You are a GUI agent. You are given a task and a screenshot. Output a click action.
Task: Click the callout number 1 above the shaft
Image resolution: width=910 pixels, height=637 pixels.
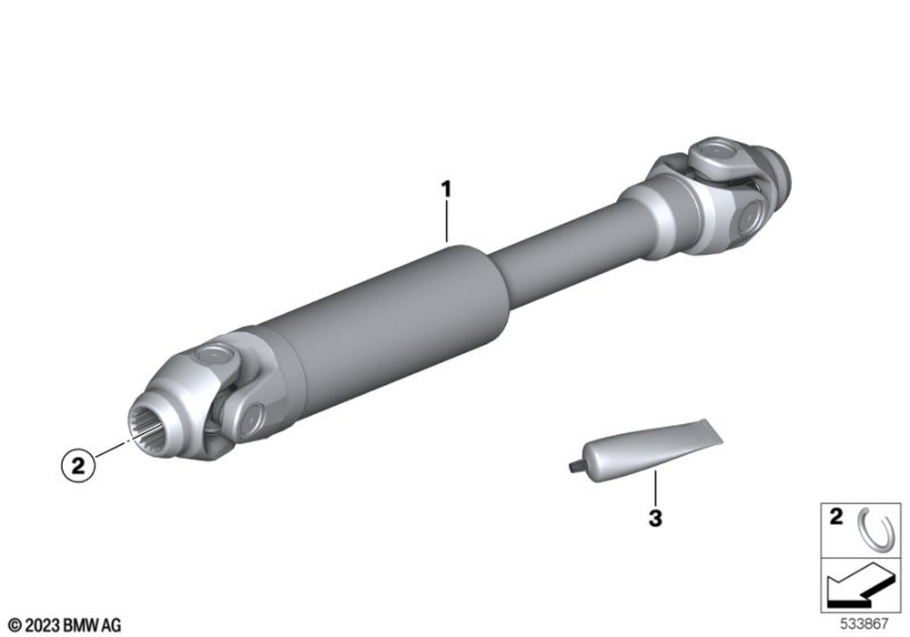point(446,189)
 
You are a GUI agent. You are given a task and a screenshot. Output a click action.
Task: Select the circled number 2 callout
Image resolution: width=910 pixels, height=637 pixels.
point(77,465)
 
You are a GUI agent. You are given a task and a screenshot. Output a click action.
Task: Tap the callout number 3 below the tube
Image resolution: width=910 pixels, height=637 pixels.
point(655,518)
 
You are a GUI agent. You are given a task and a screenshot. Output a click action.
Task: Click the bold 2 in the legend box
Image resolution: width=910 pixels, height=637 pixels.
point(835,516)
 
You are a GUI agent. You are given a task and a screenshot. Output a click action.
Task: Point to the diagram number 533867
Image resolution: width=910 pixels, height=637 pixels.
point(864,623)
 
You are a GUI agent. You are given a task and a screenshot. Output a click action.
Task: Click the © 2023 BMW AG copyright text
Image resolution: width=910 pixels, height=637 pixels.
point(65,625)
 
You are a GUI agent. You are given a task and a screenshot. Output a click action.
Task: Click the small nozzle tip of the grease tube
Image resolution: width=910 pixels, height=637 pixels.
point(572,465)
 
